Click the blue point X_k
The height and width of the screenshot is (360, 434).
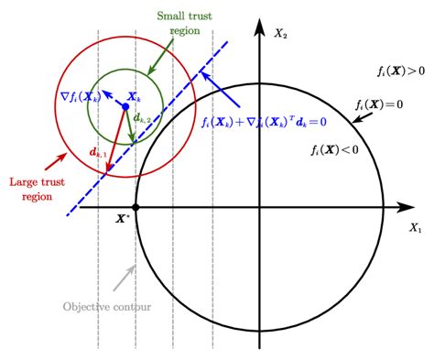125,107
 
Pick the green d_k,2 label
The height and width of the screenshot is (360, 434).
142,118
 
